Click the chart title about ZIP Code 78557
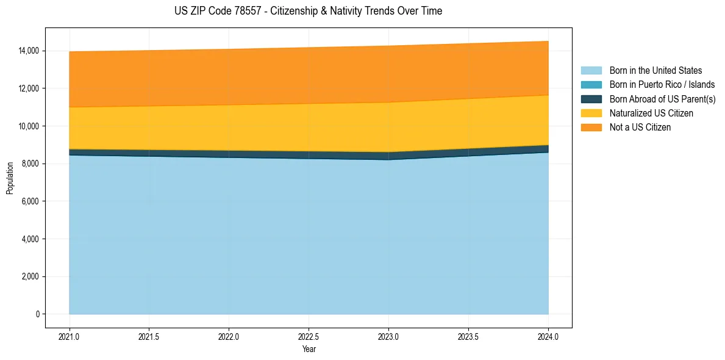pos(309,11)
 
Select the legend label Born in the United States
pos(655,71)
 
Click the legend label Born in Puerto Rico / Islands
pos(662,85)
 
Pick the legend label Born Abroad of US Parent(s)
pos(662,99)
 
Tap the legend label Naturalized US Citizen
pos(651,113)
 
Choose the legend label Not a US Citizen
pos(640,128)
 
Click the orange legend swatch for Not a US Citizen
pos(591,128)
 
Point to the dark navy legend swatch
pos(591,99)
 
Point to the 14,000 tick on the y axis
pos(27,51)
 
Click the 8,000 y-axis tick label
pos(29,164)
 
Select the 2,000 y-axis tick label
pos(29,276)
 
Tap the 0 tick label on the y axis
pos(37,314)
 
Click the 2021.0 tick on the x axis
pos(69,336)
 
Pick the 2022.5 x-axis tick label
pos(309,336)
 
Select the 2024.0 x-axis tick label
pos(548,336)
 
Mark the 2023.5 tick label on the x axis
pos(468,336)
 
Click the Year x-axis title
pos(309,349)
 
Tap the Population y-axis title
pos(10,178)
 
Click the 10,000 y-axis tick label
pos(27,126)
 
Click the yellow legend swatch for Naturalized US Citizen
pos(591,113)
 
